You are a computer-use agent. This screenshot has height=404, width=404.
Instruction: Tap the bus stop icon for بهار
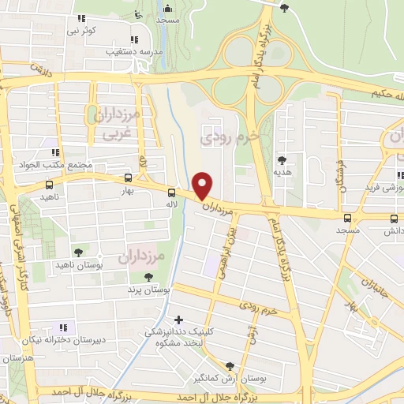129,178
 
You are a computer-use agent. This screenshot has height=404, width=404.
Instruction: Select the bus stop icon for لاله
171,192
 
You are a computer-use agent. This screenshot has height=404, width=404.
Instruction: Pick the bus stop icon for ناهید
49,183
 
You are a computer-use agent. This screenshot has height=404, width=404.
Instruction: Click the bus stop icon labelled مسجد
348,219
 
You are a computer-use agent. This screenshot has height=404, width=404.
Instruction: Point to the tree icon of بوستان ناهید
78,252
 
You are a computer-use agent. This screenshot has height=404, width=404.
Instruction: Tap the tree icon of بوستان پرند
148,276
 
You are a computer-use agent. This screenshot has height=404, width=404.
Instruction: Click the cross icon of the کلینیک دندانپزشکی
179,320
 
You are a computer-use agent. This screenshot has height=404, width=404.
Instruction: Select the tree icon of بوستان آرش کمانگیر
229,365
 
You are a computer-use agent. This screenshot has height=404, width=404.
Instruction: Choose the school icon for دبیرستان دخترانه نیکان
64,327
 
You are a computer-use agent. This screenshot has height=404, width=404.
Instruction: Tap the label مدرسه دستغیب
134,51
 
